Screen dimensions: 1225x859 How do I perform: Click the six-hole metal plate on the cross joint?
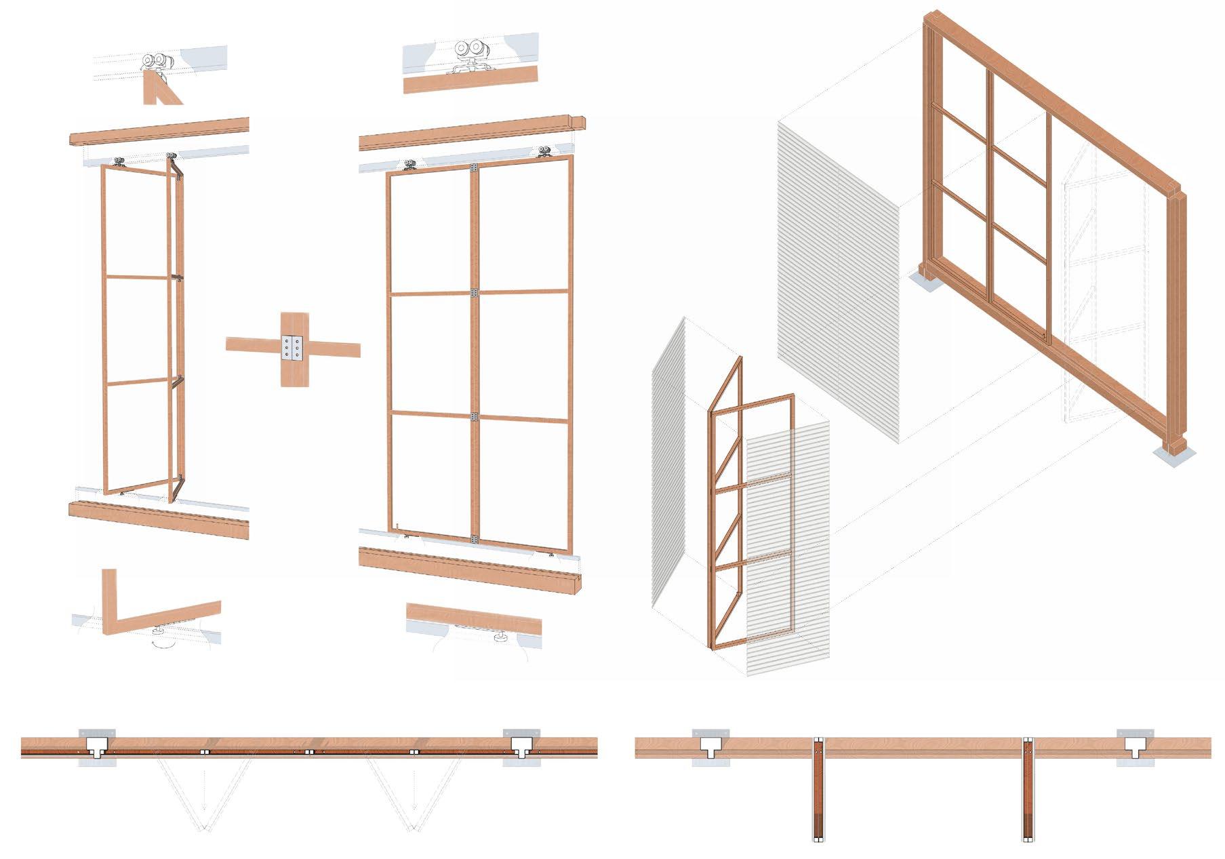tap(293, 349)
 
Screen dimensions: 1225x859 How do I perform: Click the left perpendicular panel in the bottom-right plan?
tap(818, 790)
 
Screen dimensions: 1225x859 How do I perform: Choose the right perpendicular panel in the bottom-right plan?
tap(1028, 790)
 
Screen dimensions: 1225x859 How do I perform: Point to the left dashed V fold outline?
tap(203, 793)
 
